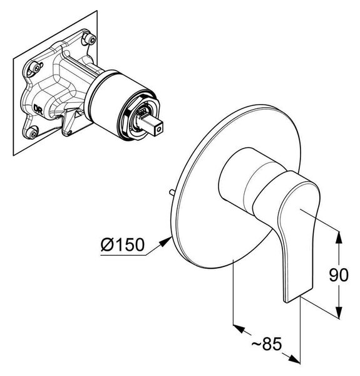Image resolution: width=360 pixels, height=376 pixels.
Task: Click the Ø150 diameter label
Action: click(x=123, y=244)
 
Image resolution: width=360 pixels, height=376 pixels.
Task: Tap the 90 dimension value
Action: click(x=338, y=275)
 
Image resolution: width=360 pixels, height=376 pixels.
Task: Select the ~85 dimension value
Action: click(x=267, y=344)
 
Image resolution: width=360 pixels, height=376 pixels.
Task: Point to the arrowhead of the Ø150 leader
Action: click(x=166, y=241)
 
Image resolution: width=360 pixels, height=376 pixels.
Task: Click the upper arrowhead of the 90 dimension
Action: click(x=339, y=237)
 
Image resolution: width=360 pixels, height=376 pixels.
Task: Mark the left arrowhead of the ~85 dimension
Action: click(x=239, y=328)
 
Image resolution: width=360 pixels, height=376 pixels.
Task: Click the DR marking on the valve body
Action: click(x=38, y=110)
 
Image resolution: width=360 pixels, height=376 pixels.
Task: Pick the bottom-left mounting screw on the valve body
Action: click(x=31, y=132)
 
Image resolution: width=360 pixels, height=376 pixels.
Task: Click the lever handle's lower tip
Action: click(x=298, y=295)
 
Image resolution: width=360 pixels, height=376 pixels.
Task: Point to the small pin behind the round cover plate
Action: click(x=172, y=192)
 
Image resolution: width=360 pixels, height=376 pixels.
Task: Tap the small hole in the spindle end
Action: click(x=158, y=130)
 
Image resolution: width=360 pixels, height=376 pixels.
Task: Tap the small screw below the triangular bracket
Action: click(x=69, y=132)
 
